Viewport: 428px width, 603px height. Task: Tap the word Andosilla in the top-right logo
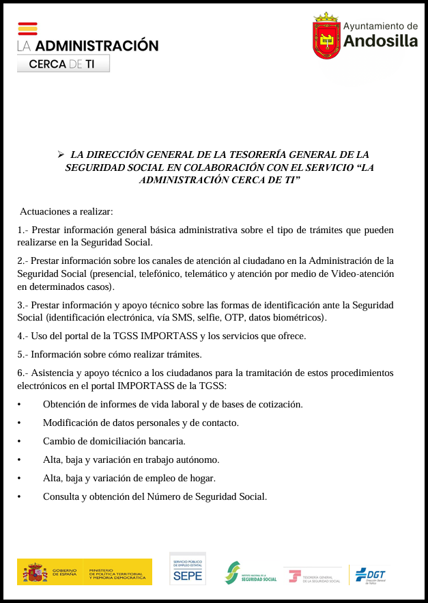coord(380,41)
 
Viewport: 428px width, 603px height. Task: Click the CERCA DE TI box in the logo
coord(63,64)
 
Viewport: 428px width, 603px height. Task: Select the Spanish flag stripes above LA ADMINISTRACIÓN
coord(27,29)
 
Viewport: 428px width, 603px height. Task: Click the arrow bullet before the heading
coord(61,155)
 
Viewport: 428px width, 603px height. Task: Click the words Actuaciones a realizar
coord(66,211)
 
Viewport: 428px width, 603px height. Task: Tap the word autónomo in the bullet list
coord(196,459)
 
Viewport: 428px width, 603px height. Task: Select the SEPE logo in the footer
coord(188,569)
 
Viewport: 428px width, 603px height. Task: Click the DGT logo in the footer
coord(370,575)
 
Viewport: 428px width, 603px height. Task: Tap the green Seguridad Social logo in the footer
coord(251,573)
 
